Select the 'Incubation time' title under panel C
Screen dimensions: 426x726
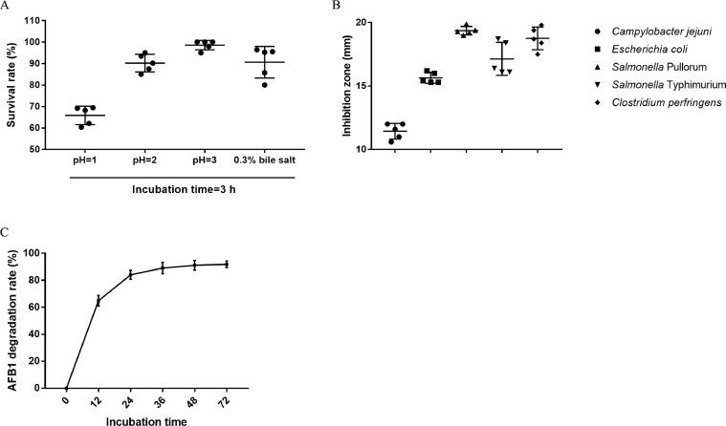[x=145, y=417]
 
